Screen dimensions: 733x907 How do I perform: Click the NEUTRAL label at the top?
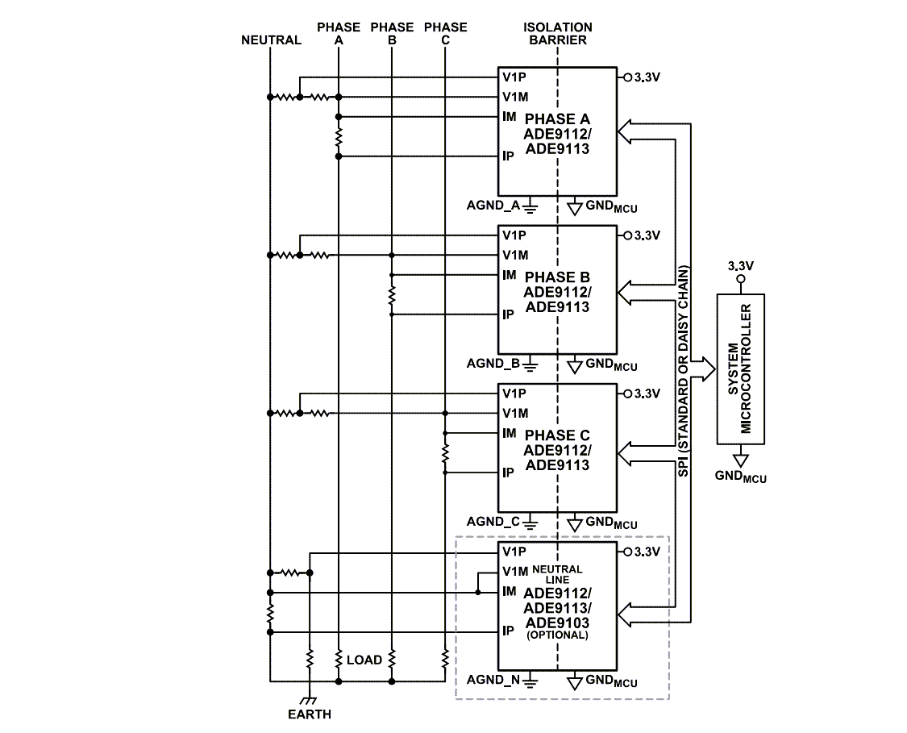coord(271,40)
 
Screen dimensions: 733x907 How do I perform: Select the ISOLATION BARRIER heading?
coord(557,33)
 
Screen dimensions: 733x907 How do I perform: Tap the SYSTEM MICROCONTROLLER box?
coord(741,369)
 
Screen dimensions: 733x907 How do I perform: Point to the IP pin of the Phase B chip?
coord(509,314)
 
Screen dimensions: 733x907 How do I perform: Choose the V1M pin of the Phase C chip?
coord(515,413)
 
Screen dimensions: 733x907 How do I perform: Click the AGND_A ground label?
coord(493,205)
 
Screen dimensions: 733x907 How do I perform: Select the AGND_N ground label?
coord(493,679)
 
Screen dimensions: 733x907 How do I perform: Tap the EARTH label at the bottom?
coord(310,714)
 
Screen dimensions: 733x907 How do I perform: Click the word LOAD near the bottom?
coord(364,660)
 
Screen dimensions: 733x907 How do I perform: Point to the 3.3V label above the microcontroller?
coord(741,265)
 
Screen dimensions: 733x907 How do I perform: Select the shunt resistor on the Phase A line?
coord(339,135)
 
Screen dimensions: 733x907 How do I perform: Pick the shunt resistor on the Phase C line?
coord(445,452)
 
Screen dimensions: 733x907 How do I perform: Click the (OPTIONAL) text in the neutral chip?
coord(557,635)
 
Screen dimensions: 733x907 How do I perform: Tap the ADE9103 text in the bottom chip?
coord(557,623)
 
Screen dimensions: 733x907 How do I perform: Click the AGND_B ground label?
coord(493,363)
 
